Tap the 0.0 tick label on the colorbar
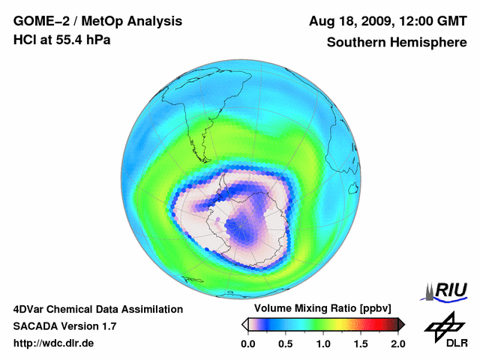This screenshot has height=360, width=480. click(x=247, y=343)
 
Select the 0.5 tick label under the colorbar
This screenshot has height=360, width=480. click(x=285, y=343)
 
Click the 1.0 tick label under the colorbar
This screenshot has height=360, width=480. click(x=323, y=343)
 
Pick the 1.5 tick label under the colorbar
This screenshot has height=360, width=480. click(x=361, y=343)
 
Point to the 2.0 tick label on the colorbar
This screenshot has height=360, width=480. click(x=397, y=343)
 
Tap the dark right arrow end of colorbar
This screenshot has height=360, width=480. click(x=401, y=324)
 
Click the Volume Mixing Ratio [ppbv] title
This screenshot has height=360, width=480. click(x=322, y=309)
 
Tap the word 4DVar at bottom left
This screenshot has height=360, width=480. click(x=32, y=309)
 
